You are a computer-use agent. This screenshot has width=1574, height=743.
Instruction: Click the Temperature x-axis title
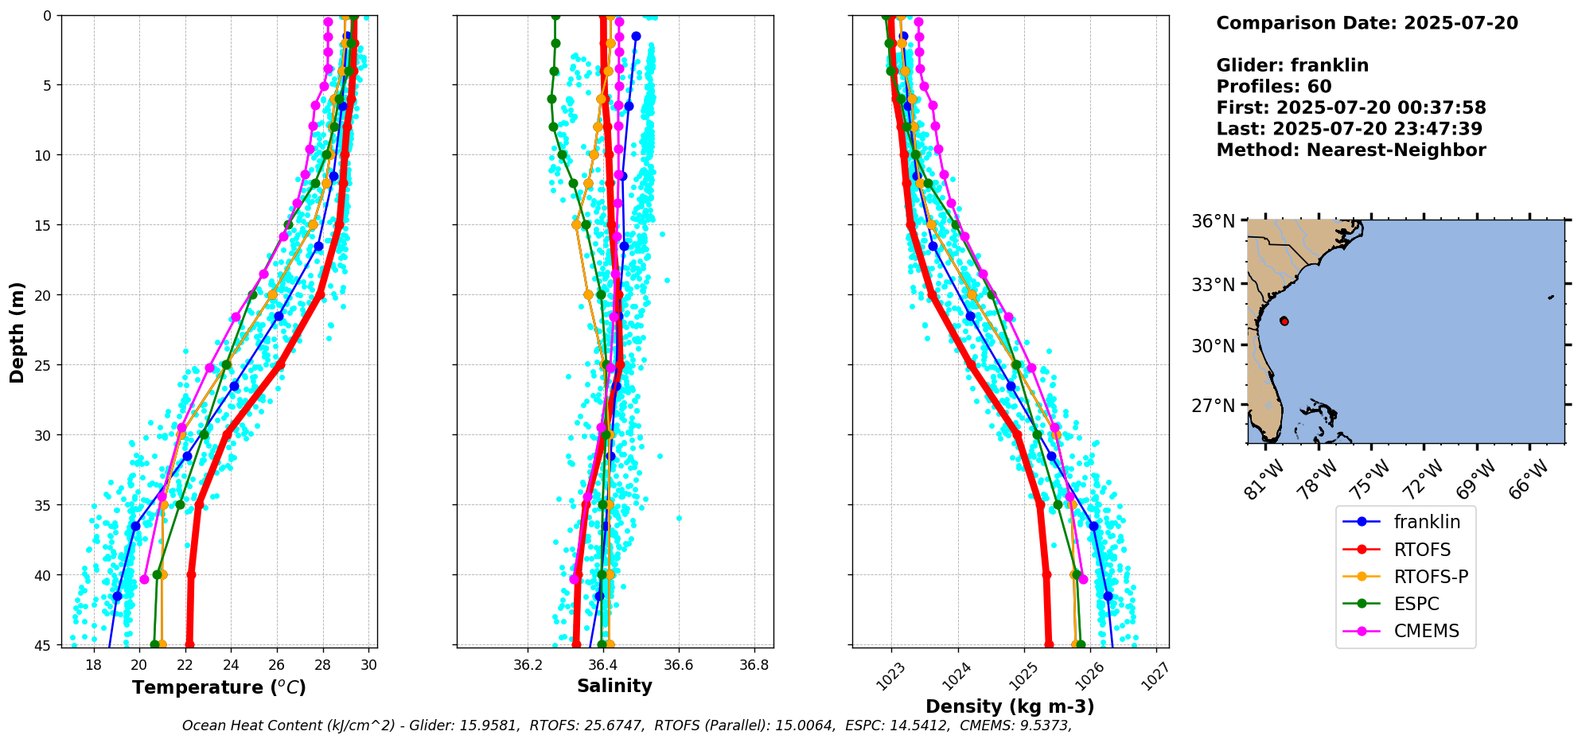click(x=219, y=687)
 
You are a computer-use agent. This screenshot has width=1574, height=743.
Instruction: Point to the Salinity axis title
click(x=614, y=686)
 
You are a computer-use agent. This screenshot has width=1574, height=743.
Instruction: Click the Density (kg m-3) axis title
click(x=1010, y=706)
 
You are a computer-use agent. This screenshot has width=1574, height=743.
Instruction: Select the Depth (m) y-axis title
click(x=18, y=332)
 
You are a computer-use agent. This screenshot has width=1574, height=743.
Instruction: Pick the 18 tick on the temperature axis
click(x=93, y=665)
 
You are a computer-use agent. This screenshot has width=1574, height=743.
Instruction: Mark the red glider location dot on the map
click(x=1284, y=321)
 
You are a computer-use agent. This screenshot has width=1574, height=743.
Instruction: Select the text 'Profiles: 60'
click(x=1273, y=87)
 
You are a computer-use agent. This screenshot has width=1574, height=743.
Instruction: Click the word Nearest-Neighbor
click(x=1396, y=150)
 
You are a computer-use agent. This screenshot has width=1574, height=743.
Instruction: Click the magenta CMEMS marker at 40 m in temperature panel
click(x=144, y=579)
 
